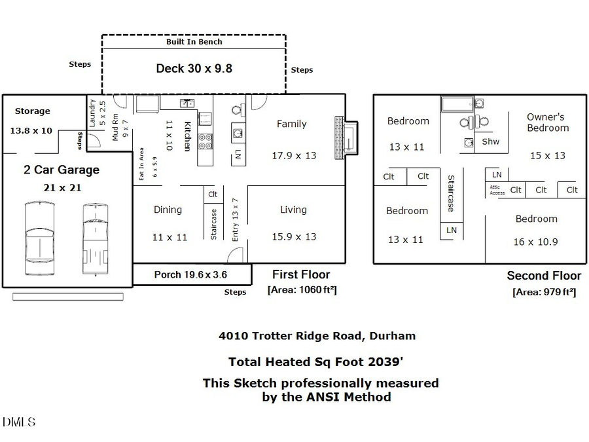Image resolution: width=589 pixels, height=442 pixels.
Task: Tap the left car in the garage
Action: click(x=40, y=239)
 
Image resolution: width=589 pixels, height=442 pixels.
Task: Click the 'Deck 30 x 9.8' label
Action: click(x=194, y=68)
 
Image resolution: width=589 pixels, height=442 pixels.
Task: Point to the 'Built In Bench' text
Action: click(x=194, y=41)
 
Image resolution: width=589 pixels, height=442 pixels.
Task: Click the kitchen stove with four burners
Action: click(x=205, y=141)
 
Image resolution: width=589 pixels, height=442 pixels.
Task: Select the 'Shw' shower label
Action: click(x=490, y=141)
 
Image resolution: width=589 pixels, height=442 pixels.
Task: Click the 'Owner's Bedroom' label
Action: click(x=547, y=122)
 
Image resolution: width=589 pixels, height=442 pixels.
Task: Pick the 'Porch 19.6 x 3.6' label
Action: click(x=191, y=274)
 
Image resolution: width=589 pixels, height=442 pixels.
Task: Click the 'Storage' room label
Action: click(x=32, y=111)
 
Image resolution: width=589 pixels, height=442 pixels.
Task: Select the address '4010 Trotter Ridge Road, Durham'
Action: click(x=317, y=336)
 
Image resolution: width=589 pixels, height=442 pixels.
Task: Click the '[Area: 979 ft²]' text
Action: click(x=544, y=292)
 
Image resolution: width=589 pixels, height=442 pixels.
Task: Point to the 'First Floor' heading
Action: click(x=301, y=274)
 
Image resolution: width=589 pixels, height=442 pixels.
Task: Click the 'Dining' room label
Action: click(x=168, y=210)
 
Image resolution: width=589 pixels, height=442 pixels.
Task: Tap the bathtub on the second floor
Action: click(x=461, y=104)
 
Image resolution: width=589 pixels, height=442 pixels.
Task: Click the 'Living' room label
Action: click(x=293, y=210)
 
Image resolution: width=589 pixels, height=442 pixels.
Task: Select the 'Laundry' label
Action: click(x=92, y=112)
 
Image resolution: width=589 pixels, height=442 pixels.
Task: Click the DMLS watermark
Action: click(x=19, y=422)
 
